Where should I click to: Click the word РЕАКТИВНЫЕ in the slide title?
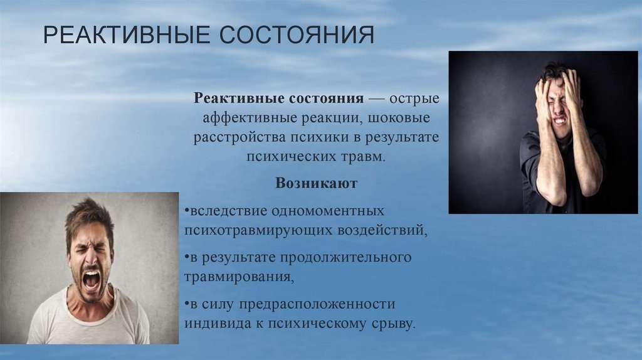click(x=126, y=35)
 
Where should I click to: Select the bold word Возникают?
click(x=316, y=183)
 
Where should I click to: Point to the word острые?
click(x=414, y=98)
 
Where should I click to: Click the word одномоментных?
click(x=328, y=211)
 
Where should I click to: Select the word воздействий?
click(x=382, y=231)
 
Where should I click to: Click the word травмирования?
click(x=239, y=277)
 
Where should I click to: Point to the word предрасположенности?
click(x=317, y=305)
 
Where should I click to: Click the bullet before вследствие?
click(x=187, y=211)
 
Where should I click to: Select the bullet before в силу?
click(x=187, y=304)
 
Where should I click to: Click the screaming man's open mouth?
click(x=92, y=280)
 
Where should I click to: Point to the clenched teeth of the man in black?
click(x=560, y=121)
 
